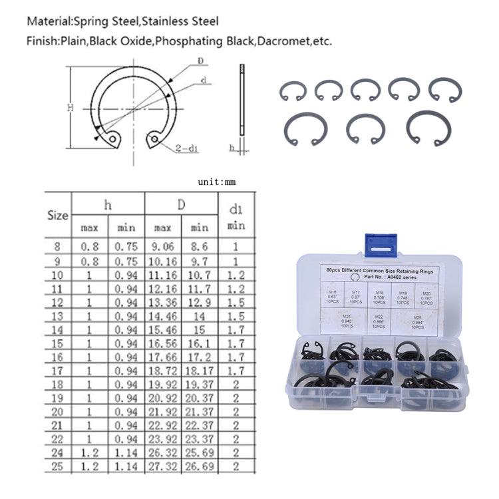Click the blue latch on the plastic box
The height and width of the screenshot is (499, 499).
(381, 243)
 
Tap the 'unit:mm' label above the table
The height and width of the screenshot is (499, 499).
(217, 182)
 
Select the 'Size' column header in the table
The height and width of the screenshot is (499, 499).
(59, 215)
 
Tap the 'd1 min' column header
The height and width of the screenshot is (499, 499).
(236, 216)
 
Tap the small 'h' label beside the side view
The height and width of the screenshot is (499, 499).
(231, 149)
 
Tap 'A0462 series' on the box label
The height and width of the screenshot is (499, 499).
(397, 279)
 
